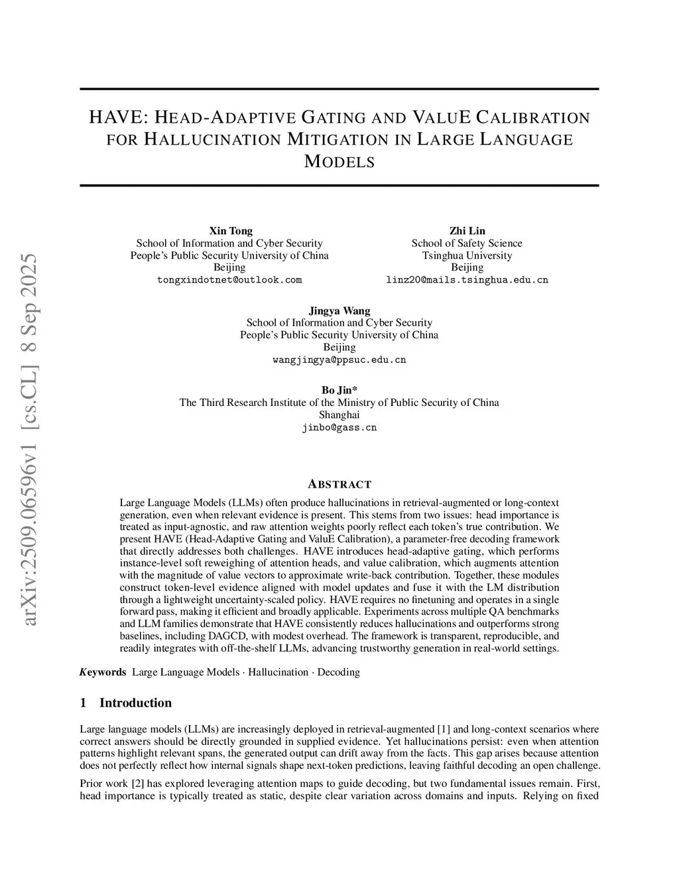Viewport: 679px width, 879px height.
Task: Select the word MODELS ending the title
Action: pyautogui.click(x=339, y=161)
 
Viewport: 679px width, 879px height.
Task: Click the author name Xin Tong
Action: pyautogui.click(x=231, y=231)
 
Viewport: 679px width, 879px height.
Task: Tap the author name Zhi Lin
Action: pyautogui.click(x=467, y=231)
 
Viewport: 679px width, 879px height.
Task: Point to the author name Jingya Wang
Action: pyautogui.click(x=339, y=310)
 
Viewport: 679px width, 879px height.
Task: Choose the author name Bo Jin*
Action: pyautogui.click(x=339, y=390)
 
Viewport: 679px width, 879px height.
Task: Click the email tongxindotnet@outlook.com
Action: pyautogui.click(x=229, y=280)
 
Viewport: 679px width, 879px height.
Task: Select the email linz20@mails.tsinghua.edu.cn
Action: pyautogui.click(x=467, y=280)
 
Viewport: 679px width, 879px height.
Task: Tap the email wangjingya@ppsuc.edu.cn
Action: pyautogui.click(x=339, y=360)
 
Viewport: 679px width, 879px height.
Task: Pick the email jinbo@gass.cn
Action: pyautogui.click(x=339, y=427)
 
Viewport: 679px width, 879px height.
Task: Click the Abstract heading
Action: pyautogui.click(x=339, y=484)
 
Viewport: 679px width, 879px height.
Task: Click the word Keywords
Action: pyautogui.click(x=103, y=672)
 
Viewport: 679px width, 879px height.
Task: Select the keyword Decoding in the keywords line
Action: pyautogui.click(x=338, y=672)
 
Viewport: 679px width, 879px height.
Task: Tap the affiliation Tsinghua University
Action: pyautogui.click(x=467, y=255)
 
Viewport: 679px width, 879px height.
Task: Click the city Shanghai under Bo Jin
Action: pyautogui.click(x=339, y=415)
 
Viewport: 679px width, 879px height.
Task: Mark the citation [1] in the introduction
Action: pyautogui.click(x=444, y=729)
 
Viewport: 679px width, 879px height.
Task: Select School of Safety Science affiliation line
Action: pyautogui.click(x=467, y=243)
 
